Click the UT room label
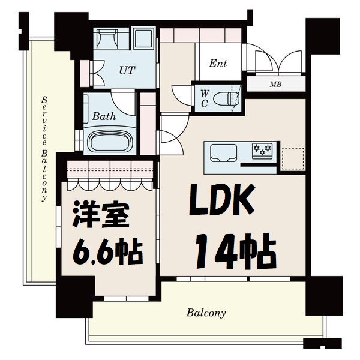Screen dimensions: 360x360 [x=127, y=70]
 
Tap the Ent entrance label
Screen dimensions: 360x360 [x=218, y=64]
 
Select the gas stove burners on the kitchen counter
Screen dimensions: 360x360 [x=262, y=150]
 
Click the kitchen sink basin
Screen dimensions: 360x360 [x=223, y=155]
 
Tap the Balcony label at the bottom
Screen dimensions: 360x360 [x=206, y=313]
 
